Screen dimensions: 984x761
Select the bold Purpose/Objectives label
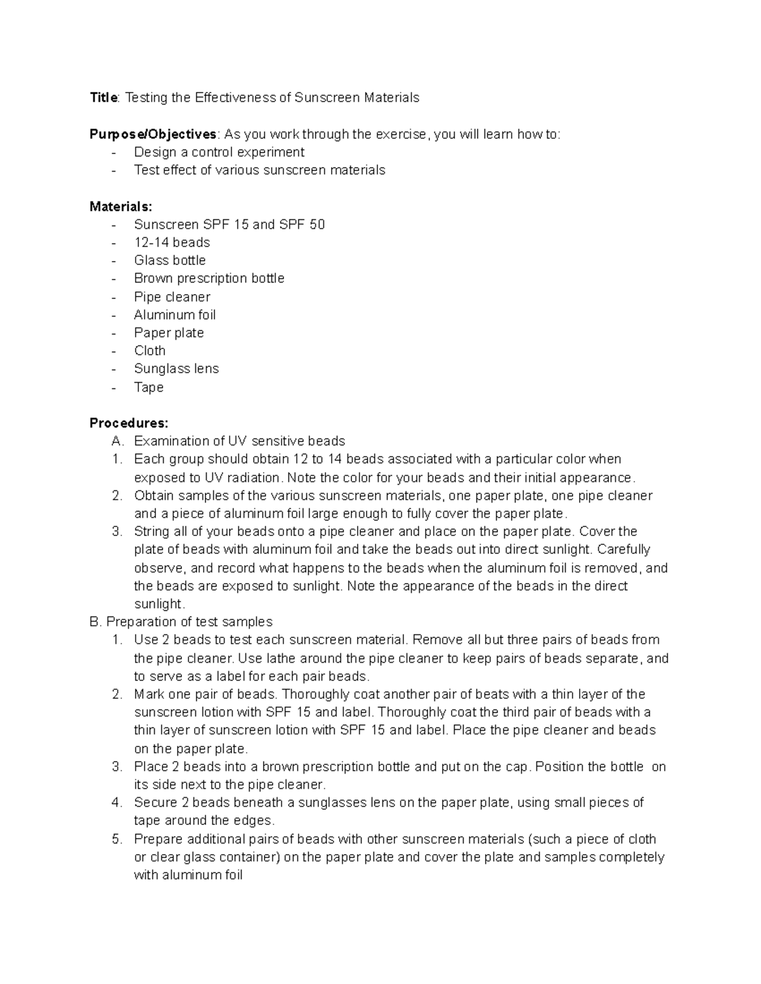(x=153, y=134)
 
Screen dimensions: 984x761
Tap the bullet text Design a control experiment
(x=219, y=152)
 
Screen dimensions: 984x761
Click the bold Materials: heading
(x=120, y=207)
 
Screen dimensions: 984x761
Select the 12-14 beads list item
(x=172, y=243)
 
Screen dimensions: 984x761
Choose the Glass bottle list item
(x=169, y=260)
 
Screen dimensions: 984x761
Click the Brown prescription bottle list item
(x=209, y=279)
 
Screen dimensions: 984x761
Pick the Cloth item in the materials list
(x=150, y=351)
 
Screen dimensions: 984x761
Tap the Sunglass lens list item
(x=176, y=369)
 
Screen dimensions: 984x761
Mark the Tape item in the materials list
(x=148, y=387)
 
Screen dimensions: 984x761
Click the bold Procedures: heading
(x=129, y=423)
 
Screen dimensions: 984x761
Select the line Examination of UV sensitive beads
(x=239, y=441)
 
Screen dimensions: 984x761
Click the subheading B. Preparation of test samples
(x=181, y=622)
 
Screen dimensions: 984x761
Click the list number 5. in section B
(x=117, y=840)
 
